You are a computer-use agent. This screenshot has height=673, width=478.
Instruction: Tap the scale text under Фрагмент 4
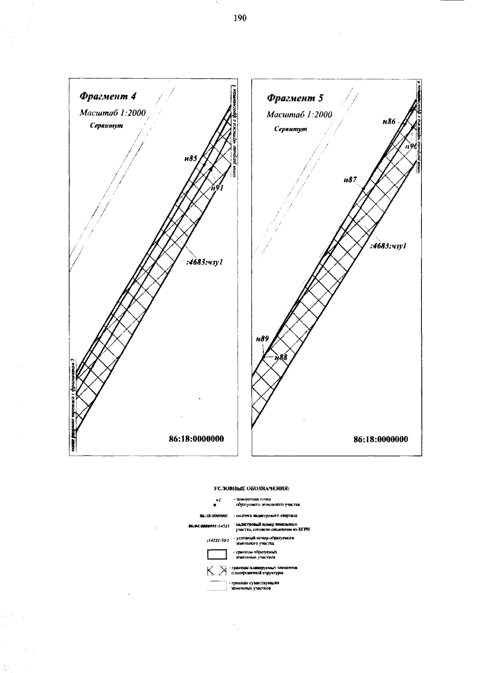113,113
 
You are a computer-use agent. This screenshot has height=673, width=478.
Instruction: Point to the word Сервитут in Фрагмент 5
290,129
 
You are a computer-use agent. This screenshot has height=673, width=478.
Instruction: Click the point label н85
190,159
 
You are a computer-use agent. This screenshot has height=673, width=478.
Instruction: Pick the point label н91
217,188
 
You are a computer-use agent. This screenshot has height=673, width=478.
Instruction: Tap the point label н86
389,122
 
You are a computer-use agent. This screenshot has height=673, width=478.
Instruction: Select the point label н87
350,180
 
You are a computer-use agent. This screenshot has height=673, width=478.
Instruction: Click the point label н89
262,339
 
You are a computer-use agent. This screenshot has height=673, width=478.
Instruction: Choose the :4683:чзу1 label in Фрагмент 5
388,246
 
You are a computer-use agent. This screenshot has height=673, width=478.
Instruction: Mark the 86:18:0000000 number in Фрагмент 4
196,439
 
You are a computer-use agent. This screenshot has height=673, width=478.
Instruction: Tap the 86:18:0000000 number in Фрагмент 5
381,439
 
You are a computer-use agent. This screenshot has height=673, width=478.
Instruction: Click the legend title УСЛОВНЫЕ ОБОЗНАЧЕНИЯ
251,488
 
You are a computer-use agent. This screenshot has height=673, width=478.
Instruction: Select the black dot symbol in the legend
215,505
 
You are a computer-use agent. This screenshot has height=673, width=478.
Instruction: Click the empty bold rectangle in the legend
217,554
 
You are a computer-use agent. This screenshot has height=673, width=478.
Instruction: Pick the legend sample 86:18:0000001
213,516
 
